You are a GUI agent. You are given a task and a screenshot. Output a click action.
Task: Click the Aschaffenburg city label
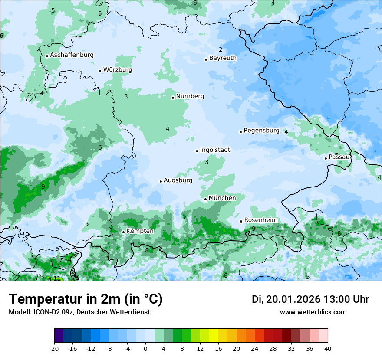(72, 55)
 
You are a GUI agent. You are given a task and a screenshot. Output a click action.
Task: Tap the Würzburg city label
(118, 70)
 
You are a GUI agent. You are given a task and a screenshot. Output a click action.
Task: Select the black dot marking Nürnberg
(173, 98)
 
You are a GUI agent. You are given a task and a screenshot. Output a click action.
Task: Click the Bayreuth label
(223, 58)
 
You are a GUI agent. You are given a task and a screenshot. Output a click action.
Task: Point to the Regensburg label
(261, 131)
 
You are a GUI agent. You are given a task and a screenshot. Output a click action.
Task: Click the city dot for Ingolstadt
(197, 151)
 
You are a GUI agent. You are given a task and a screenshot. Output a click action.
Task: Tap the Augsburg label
(178, 180)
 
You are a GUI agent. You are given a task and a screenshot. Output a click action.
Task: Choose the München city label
(222, 198)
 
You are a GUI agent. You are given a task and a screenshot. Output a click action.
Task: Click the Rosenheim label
(260, 220)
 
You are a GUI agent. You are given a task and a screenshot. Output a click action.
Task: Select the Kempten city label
(140, 231)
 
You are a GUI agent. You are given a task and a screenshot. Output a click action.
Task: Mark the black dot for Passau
(326, 158)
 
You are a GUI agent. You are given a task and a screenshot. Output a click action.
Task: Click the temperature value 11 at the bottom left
(57, 278)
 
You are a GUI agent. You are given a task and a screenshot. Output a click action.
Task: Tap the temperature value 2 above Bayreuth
(221, 50)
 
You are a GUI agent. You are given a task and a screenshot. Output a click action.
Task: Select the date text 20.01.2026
(293, 299)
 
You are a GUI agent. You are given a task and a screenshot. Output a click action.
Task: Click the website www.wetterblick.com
(313, 312)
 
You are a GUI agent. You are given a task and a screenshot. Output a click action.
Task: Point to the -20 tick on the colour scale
(54, 348)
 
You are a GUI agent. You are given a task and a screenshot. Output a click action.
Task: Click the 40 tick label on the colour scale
(328, 348)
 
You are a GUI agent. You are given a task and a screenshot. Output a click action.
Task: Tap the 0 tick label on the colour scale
(145, 348)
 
